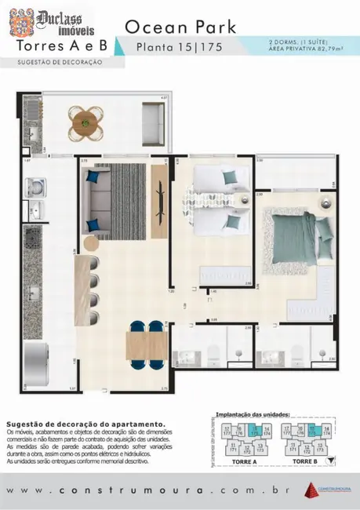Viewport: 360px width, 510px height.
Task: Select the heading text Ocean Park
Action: point(184,27)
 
